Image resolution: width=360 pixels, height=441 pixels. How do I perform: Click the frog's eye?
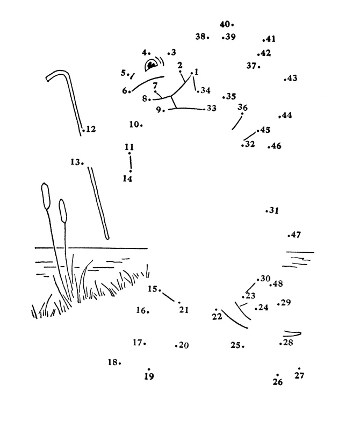point(152,65)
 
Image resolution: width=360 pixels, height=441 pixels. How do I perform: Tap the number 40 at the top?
point(225,24)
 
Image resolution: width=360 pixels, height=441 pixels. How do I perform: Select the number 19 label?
point(149,376)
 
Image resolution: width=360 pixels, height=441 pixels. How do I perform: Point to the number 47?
point(296,234)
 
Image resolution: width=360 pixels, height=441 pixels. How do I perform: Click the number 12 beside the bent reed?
point(91,129)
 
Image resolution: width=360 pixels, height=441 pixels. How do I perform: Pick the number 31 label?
point(274,211)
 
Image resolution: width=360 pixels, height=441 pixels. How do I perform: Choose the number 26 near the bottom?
point(277,382)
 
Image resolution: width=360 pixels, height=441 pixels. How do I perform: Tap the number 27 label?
point(299,376)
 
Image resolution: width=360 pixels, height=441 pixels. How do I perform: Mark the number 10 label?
point(134,124)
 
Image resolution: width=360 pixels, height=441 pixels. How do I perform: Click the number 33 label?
point(211,108)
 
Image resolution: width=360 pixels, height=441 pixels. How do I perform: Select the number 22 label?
point(217,317)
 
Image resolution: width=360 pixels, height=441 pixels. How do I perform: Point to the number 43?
point(292,79)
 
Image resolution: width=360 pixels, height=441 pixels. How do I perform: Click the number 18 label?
point(113,362)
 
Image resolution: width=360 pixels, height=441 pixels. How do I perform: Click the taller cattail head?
point(45,195)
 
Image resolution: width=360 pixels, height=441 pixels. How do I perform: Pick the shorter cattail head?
point(63,210)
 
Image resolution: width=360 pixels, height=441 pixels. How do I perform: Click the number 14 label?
point(127,179)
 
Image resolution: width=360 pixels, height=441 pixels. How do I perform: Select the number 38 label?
point(201,37)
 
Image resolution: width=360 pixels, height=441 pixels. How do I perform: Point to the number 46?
point(276,146)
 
